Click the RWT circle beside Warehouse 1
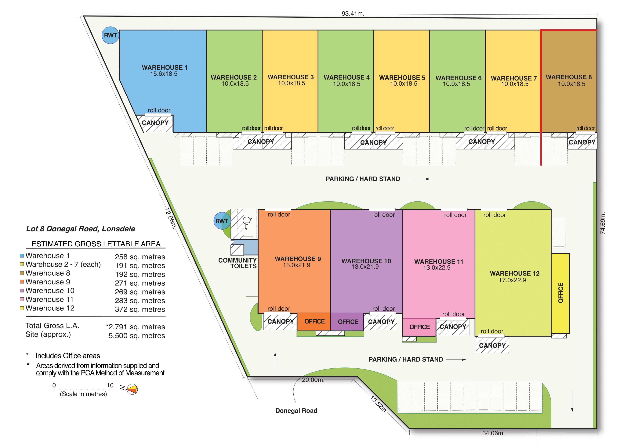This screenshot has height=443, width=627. click(x=110, y=35)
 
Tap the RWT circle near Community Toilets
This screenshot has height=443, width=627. click(x=222, y=221)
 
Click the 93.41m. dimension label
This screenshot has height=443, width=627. click(x=353, y=14)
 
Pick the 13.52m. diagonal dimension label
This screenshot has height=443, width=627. click(x=379, y=404)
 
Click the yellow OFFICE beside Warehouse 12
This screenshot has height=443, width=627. click(x=560, y=293)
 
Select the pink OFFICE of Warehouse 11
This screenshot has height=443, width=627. click(x=419, y=327)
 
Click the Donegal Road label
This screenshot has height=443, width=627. click(x=296, y=411)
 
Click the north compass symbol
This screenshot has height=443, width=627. click(x=131, y=389)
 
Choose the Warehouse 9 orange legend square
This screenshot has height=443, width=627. click(x=22, y=282)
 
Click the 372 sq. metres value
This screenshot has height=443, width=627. click(x=140, y=309)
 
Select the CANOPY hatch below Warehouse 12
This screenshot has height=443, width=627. click(x=492, y=345)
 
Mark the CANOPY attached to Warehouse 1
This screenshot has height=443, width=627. click(x=155, y=123)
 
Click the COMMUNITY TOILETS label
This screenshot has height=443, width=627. click(x=237, y=263)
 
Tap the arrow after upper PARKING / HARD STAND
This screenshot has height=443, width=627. click(x=420, y=179)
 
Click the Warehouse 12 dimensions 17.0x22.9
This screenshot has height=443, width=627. click(x=512, y=280)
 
